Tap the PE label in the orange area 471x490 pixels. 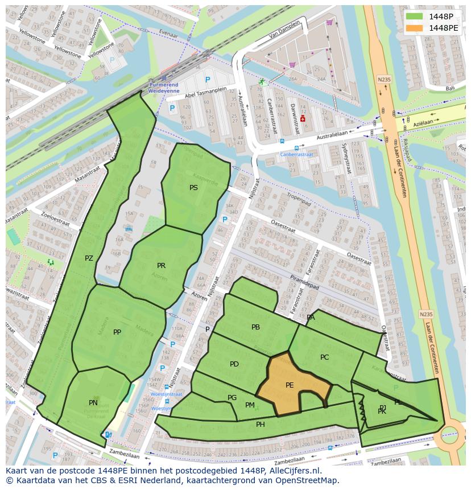[x=290, y=385]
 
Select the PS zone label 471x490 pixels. [x=194, y=187]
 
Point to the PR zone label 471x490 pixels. [x=162, y=266]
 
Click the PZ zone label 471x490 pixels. [x=89, y=258]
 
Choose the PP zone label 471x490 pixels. [x=117, y=332]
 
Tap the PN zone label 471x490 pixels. [x=93, y=403]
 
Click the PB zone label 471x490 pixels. [x=255, y=327]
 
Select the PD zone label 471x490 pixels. [x=234, y=364]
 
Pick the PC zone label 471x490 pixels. [x=324, y=357]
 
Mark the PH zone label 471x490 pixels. [x=261, y=424]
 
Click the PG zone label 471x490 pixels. [x=232, y=398]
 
